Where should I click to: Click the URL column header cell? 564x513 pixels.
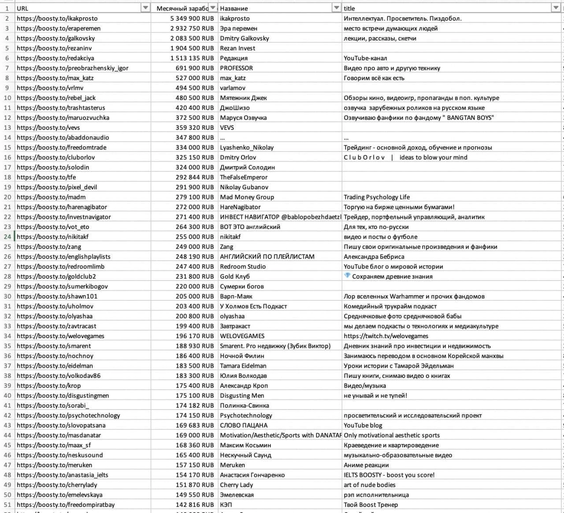pos(79,8)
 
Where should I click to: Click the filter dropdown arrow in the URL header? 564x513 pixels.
pos(145,8)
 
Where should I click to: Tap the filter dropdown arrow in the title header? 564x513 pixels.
pos(556,8)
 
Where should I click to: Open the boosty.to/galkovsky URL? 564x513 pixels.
pos(56,38)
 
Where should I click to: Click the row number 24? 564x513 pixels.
pos(7,236)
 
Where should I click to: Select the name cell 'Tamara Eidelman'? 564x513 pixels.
pos(243,365)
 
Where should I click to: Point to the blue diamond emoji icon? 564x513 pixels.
pos(347,276)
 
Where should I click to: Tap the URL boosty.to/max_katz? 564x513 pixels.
pos(55,78)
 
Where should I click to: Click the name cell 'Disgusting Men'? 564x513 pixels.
pos(242,395)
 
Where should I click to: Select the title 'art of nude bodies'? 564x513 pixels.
pos(370,485)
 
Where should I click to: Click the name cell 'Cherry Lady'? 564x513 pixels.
pos(237,485)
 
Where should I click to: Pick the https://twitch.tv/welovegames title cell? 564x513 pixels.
pos(386,336)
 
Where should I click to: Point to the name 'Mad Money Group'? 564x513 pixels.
pos(247,197)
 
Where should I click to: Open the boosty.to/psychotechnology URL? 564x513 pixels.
pos(68,415)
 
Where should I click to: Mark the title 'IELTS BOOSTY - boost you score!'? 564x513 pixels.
pos(389,475)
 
